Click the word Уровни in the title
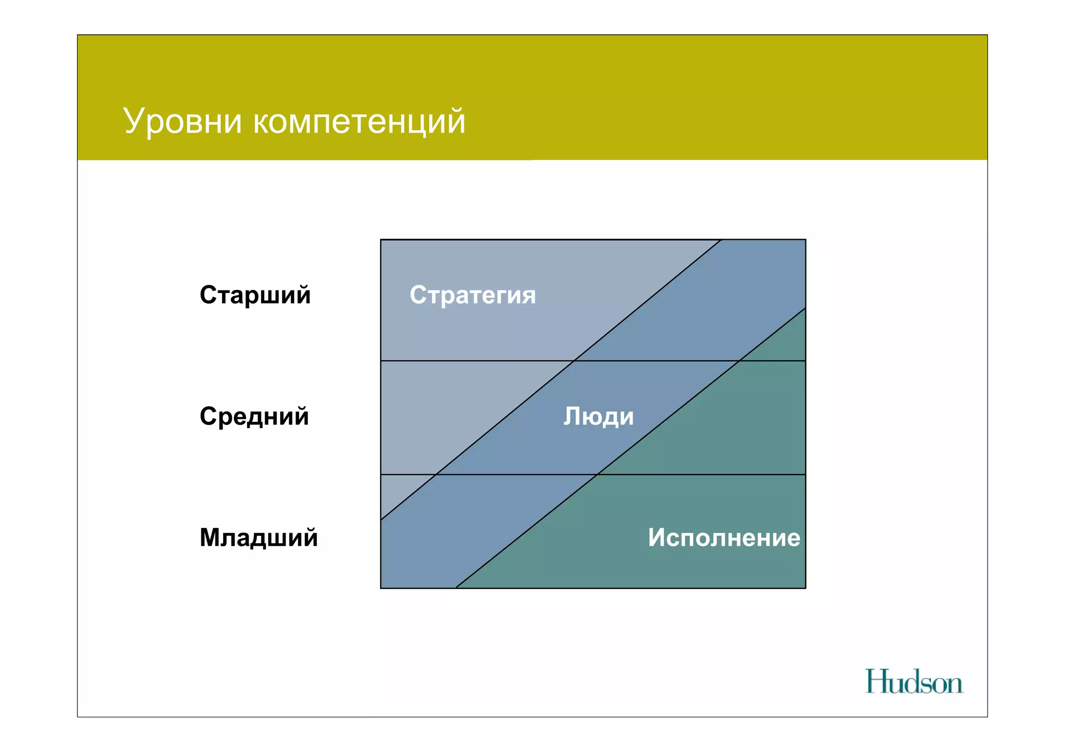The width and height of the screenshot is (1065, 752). (x=183, y=122)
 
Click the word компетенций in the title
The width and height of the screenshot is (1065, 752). (x=359, y=122)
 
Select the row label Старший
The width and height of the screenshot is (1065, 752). (x=255, y=295)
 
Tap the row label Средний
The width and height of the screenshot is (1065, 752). (x=254, y=416)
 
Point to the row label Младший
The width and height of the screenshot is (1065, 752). (x=258, y=537)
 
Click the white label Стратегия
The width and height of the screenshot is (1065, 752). (x=472, y=295)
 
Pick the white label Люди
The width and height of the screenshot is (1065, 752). (x=599, y=416)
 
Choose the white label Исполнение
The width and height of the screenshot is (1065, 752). (x=723, y=537)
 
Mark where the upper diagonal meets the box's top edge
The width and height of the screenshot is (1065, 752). (x=722, y=240)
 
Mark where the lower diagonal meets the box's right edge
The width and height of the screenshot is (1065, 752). (x=806, y=308)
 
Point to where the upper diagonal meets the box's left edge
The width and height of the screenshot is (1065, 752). (x=381, y=520)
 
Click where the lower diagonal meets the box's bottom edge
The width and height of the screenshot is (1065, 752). (x=456, y=588)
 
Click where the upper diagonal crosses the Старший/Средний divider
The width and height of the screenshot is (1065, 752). (x=574, y=361)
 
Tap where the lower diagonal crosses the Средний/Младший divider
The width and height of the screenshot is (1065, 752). (x=597, y=474)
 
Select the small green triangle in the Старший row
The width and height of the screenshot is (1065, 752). (x=785, y=343)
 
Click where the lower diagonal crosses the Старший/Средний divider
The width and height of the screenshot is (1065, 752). (x=739, y=361)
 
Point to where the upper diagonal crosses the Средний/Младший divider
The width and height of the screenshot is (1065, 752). (x=436, y=474)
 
